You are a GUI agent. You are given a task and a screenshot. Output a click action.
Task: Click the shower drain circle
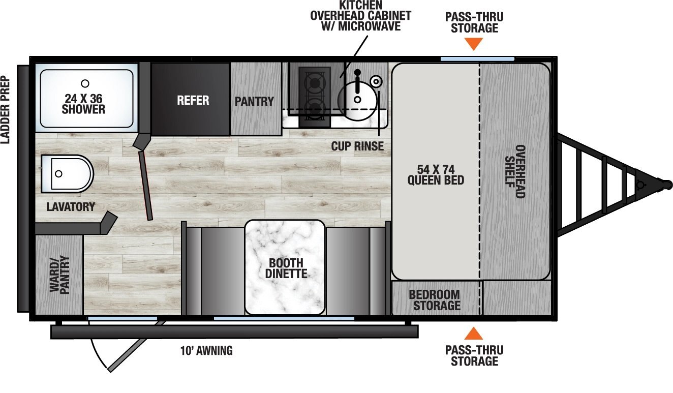[85, 83]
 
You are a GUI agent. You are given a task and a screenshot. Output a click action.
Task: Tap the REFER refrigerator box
[193, 100]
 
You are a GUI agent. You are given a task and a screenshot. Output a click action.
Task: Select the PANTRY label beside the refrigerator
[254, 101]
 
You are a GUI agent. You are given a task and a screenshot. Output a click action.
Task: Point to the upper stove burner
[314, 81]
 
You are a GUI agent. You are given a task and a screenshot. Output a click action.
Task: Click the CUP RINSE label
[357, 146]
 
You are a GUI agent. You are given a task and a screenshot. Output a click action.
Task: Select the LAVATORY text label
[70, 207]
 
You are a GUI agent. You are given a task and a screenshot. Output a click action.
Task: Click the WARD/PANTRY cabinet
[59, 275]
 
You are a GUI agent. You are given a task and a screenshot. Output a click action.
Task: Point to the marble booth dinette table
[285, 267]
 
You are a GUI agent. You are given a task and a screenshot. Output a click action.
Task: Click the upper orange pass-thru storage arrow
[474, 44]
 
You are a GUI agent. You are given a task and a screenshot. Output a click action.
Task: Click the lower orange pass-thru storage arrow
[474, 334]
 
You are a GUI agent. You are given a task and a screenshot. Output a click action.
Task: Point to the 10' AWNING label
[206, 350]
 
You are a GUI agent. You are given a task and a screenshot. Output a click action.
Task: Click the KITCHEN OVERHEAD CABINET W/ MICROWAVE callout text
[361, 15]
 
